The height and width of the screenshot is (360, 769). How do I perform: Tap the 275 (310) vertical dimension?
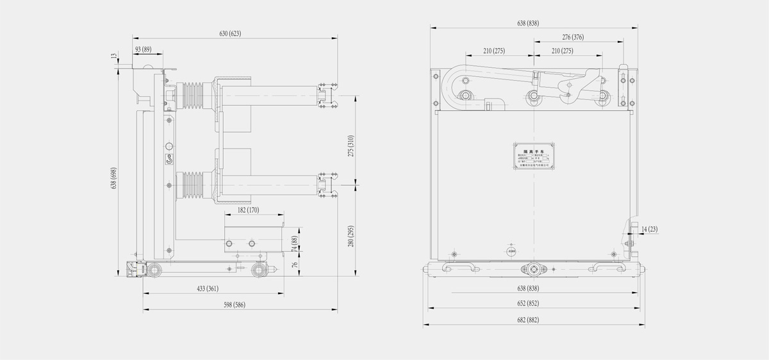[351, 147]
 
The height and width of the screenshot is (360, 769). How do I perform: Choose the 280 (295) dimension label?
[351, 237]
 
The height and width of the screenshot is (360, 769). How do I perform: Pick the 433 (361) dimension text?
[212, 289]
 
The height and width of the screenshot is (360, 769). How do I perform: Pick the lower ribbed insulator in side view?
[195, 185]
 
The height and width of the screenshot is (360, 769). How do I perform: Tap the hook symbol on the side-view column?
[170, 160]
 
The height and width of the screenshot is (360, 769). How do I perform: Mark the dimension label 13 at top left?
[114, 58]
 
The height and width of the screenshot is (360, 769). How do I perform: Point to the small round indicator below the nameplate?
[511, 250]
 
